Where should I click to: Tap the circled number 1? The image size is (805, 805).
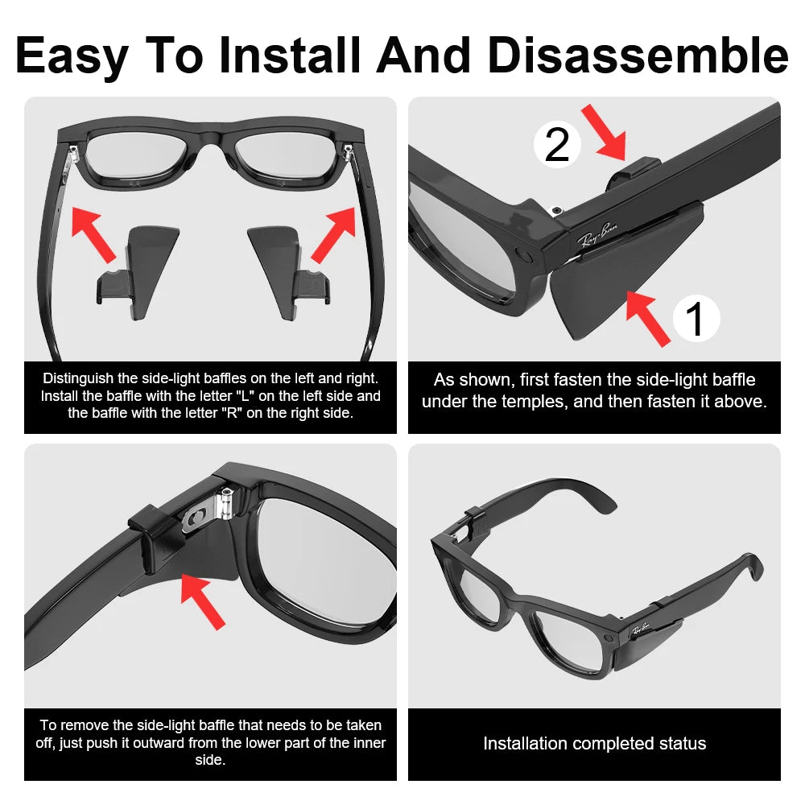tap(696, 318)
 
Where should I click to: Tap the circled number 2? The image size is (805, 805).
tap(557, 145)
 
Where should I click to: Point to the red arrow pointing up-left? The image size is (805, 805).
tap(93, 233)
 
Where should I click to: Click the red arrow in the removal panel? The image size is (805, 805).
tap(203, 600)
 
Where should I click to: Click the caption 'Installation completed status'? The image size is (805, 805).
tap(594, 744)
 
